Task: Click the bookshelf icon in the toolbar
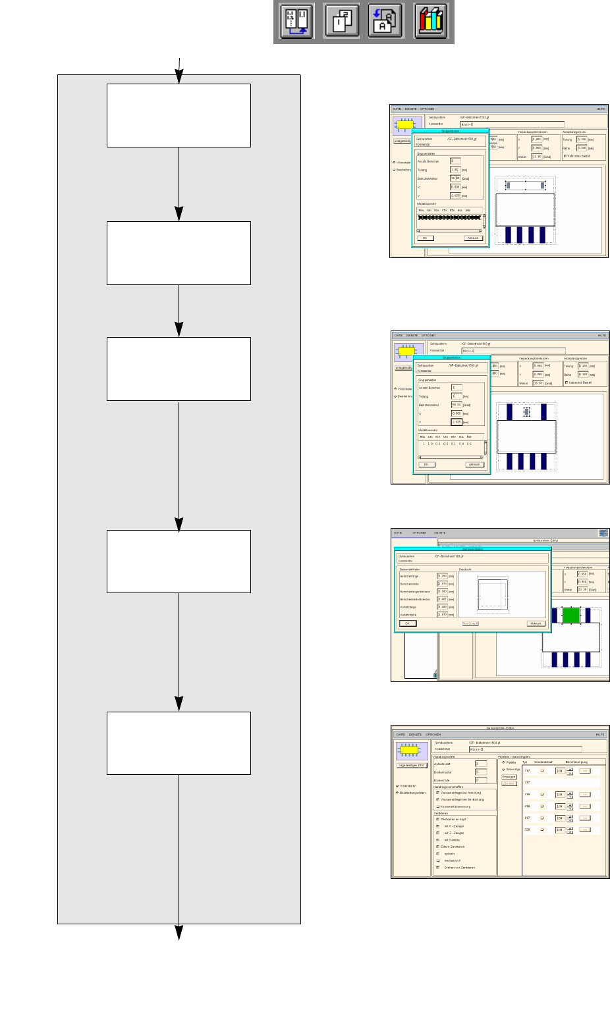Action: coord(431,21)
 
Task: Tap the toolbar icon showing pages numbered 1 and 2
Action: coord(341,21)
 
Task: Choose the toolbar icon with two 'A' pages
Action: coord(385,21)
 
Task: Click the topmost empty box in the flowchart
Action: coord(179,115)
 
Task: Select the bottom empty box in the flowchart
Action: coord(179,743)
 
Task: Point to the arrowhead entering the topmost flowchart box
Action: coord(179,78)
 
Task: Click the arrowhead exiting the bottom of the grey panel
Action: coord(179,934)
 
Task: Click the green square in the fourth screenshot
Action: coord(571,615)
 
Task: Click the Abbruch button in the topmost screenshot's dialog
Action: coord(473,238)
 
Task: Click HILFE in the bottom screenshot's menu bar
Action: coord(599,734)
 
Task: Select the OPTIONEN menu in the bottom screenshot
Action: coord(433,734)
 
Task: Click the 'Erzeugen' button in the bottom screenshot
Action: coord(509,777)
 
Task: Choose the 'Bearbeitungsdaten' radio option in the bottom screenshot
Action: coord(398,793)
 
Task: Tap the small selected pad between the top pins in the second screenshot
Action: coord(526,411)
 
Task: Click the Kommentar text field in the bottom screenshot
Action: coord(525,749)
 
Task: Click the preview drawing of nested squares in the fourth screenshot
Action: coord(493,594)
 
